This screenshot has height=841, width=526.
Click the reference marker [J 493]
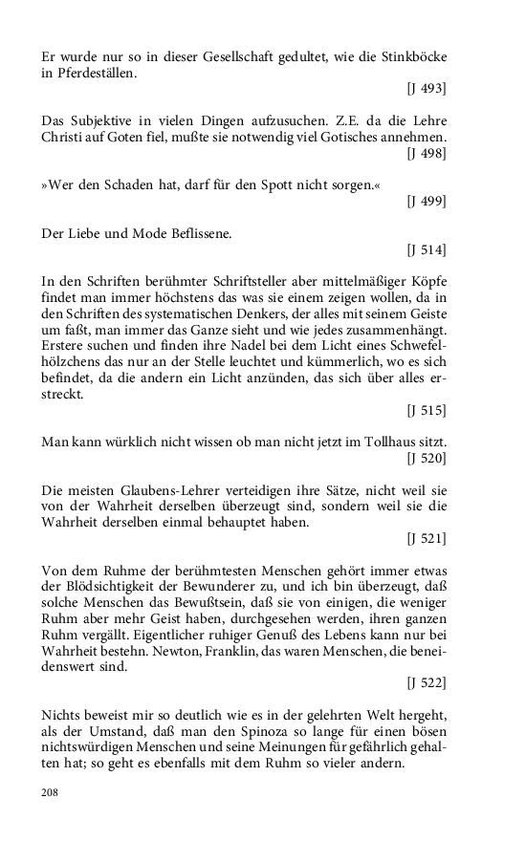(x=426, y=90)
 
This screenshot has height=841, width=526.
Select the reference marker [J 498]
(x=426, y=152)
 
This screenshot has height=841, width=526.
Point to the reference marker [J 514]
(x=426, y=249)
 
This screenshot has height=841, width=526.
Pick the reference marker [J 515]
(x=426, y=410)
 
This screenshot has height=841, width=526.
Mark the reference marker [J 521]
(x=426, y=539)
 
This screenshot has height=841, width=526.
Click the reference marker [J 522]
(x=426, y=684)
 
